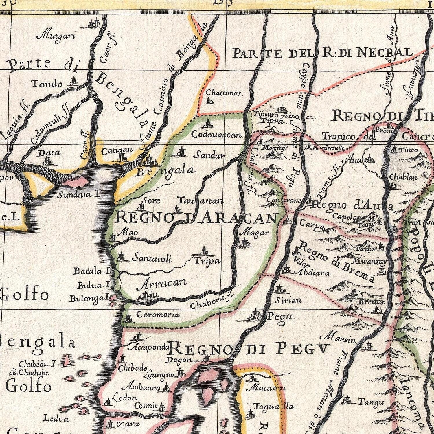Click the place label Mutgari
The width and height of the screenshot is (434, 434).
point(57,36)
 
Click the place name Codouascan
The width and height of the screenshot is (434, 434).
point(216,135)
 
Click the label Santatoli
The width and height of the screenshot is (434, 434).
point(151,258)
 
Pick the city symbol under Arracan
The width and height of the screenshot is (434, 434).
point(148,296)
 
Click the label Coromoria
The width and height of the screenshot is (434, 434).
point(158,315)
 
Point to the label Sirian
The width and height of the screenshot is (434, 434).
point(288,300)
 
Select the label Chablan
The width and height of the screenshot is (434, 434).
point(403,177)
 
